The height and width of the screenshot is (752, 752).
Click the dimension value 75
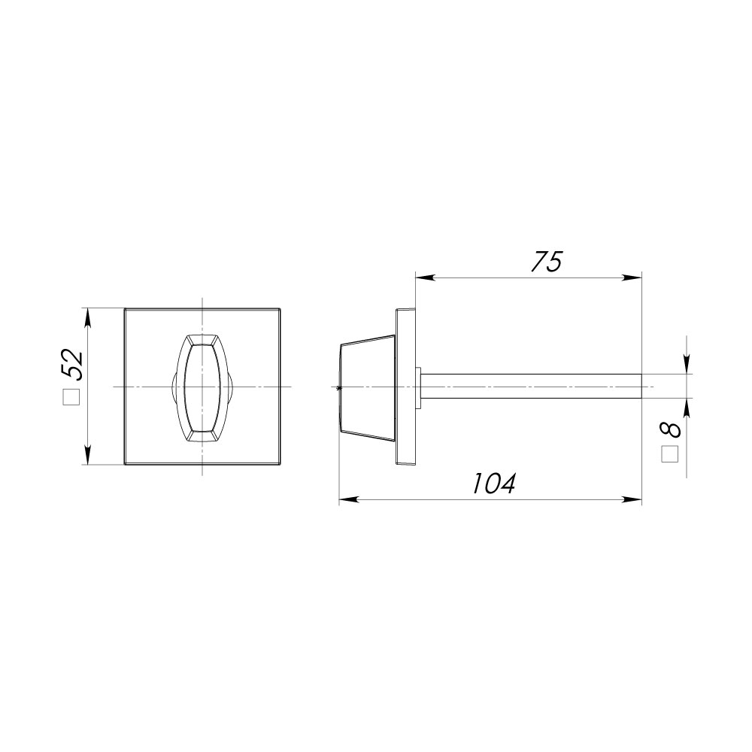coord(546,262)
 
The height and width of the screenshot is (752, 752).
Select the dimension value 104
coord(493,484)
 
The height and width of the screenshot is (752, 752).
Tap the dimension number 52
coord(72,365)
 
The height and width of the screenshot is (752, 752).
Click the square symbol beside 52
coord(71,397)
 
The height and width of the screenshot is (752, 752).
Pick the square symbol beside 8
coord(669,455)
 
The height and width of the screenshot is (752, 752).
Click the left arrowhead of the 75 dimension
coord(425,277)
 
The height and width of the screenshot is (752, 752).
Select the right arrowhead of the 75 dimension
coord(632,277)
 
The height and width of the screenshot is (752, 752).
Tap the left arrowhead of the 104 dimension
coord(349,499)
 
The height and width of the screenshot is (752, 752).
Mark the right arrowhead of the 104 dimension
coord(632,499)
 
